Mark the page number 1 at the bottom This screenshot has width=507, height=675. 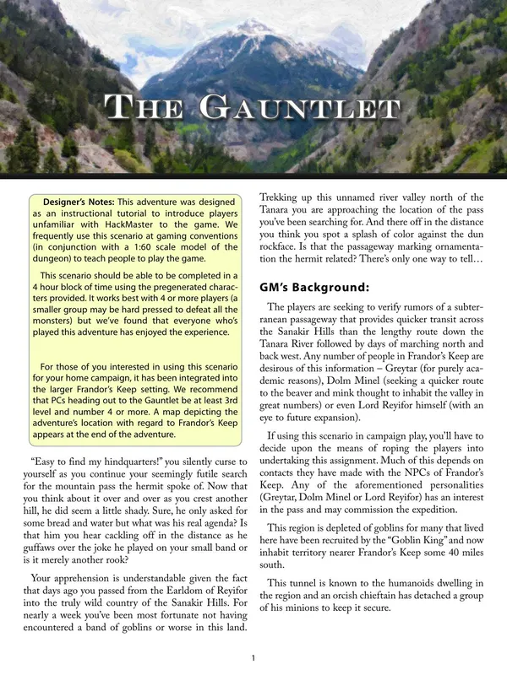(x=253, y=658)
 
